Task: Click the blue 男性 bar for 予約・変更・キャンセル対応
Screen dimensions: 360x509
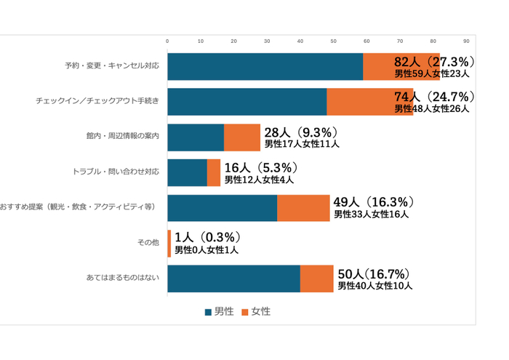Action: (x=265, y=66)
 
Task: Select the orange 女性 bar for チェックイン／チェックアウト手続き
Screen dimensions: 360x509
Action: (x=369, y=102)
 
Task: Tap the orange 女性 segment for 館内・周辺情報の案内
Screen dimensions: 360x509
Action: (x=241, y=137)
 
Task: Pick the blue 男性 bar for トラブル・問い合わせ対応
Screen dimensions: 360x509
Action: (x=187, y=173)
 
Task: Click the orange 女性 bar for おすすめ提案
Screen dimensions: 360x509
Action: (x=303, y=208)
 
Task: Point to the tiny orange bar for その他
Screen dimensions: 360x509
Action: (x=169, y=244)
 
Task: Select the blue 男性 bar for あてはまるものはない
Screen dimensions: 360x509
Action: (x=233, y=279)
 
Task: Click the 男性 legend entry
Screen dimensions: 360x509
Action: (x=219, y=311)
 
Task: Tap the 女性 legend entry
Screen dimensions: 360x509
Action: (x=256, y=311)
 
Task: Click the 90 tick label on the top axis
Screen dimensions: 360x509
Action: (x=466, y=41)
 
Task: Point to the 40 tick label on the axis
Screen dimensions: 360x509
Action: (x=300, y=41)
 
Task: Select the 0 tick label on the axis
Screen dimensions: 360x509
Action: (x=167, y=41)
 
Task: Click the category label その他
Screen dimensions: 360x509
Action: (x=148, y=243)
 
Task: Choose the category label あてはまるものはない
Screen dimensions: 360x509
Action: (x=122, y=279)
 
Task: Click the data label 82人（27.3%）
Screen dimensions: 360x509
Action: (x=434, y=61)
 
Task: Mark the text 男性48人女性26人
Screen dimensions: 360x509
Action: (x=432, y=108)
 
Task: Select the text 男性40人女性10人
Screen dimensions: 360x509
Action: (x=375, y=286)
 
